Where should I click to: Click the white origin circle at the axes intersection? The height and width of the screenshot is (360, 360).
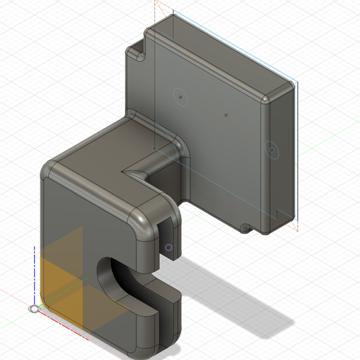(33, 308)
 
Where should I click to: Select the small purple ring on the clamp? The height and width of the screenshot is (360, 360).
(169, 247)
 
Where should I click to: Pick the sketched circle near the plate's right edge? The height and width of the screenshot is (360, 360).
(271, 149)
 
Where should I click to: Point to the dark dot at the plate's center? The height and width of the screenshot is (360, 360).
(226, 113)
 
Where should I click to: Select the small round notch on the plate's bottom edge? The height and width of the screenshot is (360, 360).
(245, 228)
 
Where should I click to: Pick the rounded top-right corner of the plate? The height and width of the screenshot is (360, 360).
(287, 89)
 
